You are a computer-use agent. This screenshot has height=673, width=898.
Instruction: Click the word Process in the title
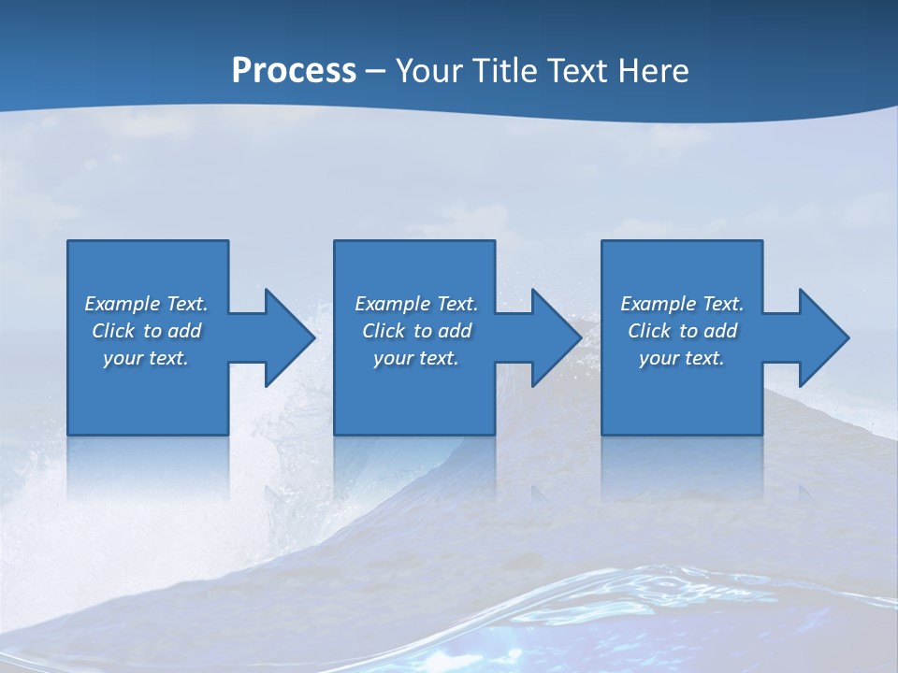pos(294,71)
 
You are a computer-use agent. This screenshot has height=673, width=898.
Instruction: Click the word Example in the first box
pos(122,304)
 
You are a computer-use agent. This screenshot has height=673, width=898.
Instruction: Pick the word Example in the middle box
pos(392,304)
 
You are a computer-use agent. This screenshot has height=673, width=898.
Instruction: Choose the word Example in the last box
pos(658,304)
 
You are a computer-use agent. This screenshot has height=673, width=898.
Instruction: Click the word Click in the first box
pos(113,331)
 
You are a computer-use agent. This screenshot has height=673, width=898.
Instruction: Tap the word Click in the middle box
pos(384,331)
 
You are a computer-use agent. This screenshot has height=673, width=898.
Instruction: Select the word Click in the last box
pos(649,331)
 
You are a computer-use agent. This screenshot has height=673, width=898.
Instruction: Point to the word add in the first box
pos(184,331)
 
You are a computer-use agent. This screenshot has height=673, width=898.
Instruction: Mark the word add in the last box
pos(720,331)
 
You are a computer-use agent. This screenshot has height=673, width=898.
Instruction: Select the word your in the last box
pos(659,358)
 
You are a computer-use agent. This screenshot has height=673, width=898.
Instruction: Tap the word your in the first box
pos(123,358)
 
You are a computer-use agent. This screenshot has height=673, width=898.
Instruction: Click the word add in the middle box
pos(455,331)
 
